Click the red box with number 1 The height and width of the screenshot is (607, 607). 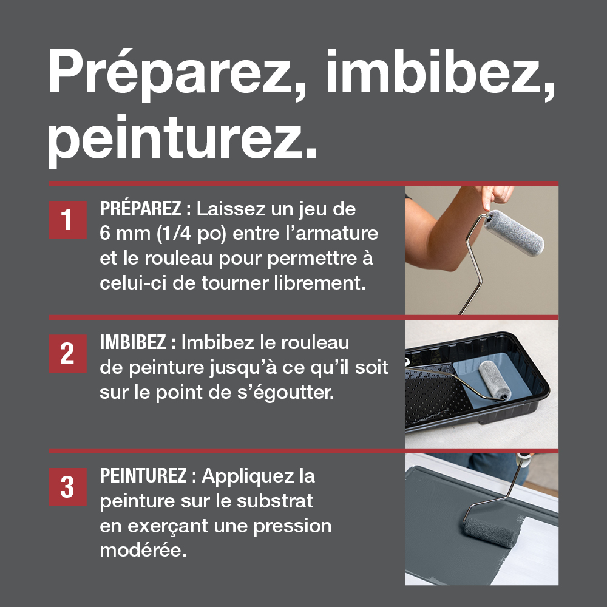point(67,220)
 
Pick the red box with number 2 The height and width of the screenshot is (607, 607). point(67,353)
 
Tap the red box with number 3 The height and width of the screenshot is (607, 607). point(67,487)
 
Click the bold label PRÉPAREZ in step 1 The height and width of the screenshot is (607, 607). point(141,208)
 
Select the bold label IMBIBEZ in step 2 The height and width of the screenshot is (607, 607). point(133,342)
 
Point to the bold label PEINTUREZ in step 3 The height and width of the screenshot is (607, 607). point(143,475)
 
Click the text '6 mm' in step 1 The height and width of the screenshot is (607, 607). point(125,234)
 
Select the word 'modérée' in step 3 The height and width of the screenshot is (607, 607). point(143,550)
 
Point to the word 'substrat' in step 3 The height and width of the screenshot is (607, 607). point(274,501)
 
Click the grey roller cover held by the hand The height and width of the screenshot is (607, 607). point(514,232)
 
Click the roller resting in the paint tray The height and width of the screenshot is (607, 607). point(494,380)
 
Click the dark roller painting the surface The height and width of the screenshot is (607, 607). point(491,532)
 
